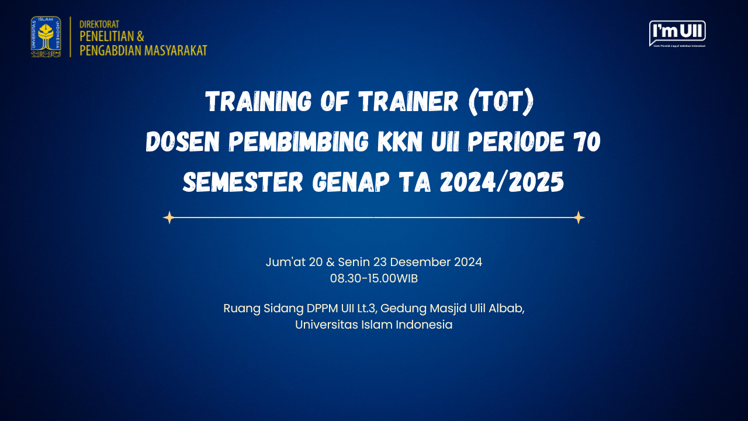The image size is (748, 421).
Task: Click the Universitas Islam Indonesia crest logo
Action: tap(46, 37)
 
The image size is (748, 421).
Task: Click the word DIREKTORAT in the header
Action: tap(99, 25)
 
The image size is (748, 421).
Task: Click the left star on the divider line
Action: tap(169, 218)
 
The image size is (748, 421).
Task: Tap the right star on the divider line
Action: tap(579, 218)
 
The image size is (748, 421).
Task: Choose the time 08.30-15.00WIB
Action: tap(374, 279)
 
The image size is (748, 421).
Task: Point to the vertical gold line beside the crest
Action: tap(70, 37)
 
